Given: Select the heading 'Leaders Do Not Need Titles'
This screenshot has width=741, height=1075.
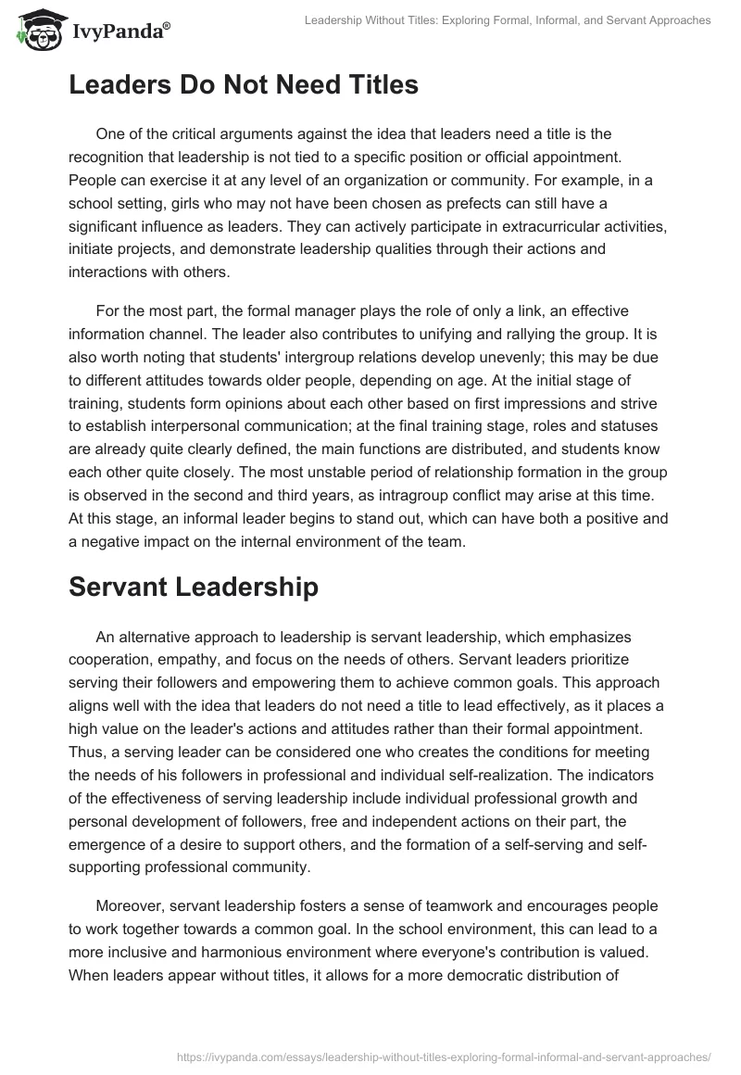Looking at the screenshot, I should [244, 85].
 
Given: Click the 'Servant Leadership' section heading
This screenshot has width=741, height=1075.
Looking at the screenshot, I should [194, 586].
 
